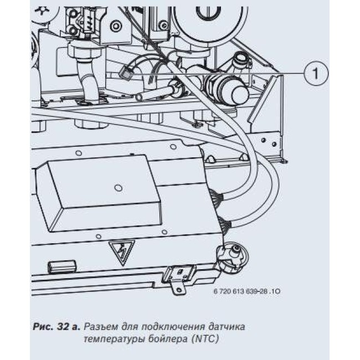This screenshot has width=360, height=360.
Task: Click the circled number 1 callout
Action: [x=316, y=73]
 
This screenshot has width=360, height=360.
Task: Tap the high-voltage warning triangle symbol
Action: [x=121, y=251]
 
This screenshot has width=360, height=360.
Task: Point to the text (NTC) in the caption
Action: [x=205, y=339]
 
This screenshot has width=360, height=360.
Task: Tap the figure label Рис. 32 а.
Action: [x=56, y=326]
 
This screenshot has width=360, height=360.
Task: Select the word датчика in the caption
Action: [x=227, y=327]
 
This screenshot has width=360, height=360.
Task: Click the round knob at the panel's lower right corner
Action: [x=232, y=256]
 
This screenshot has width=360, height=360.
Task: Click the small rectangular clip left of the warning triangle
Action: [x=61, y=266]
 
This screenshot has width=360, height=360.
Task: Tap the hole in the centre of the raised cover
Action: [x=118, y=188]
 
